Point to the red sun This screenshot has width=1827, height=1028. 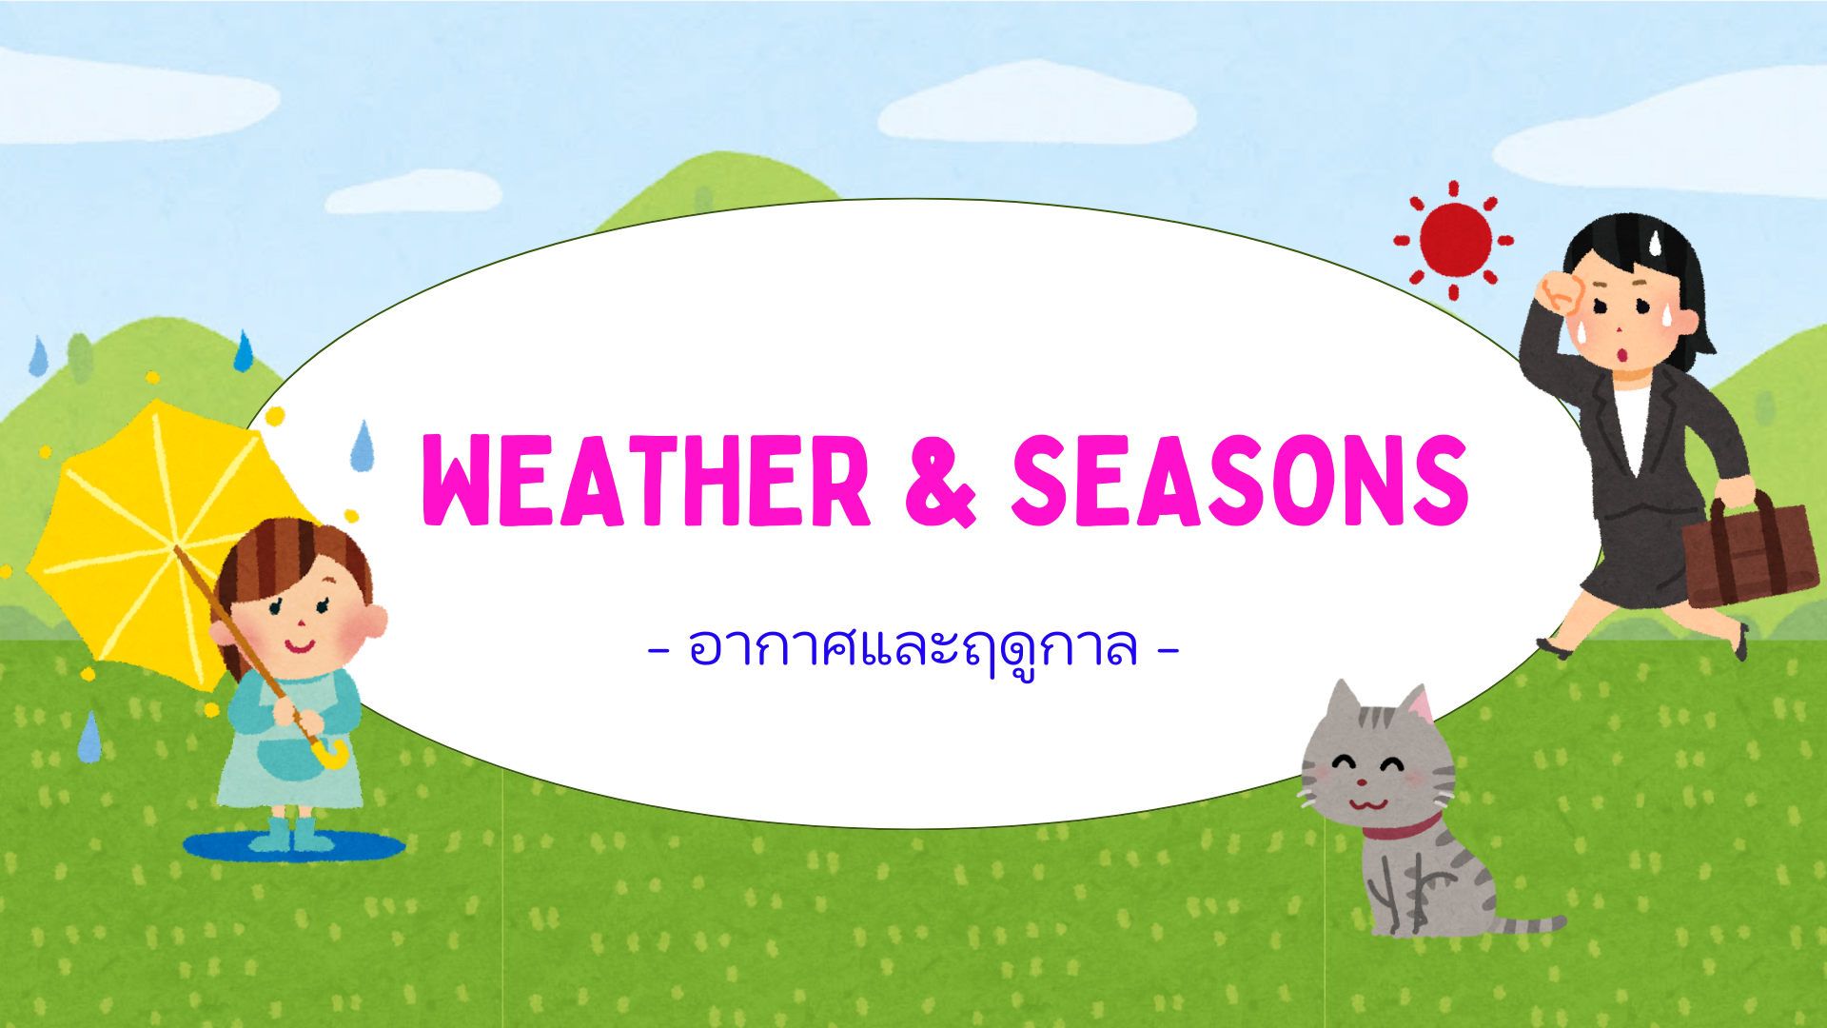pyautogui.click(x=1455, y=239)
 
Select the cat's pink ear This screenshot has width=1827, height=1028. pyautogui.click(x=1419, y=706)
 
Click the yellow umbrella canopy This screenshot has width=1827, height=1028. pyautogui.click(x=143, y=533)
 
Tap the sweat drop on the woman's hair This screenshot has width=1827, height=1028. pyautogui.click(x=1655, y=244)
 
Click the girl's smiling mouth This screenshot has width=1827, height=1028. pyautogui.click(x=299, y=647)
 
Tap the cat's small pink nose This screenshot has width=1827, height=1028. pyautogui.click(x=1362, y=782)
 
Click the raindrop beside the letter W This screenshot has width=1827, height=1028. pyautogui.click(x=363, y=447)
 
